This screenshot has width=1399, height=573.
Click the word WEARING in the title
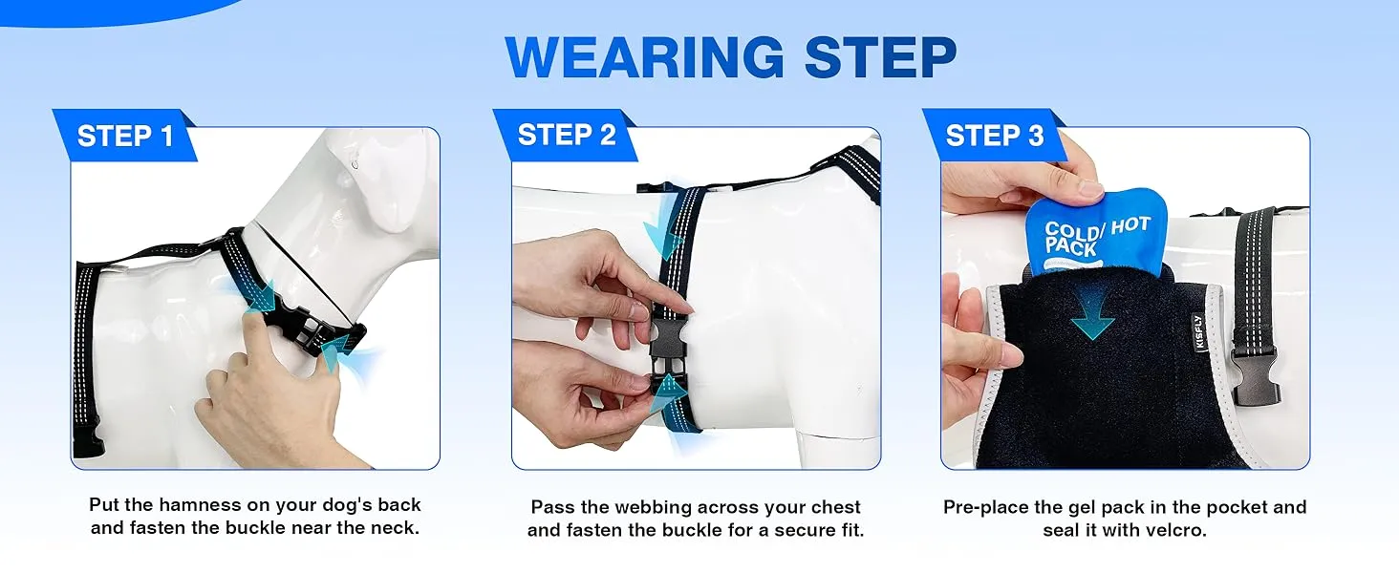coord(644,56)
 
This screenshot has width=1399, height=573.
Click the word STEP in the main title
coord(881,56)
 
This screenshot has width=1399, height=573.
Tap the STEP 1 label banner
coord(125,136)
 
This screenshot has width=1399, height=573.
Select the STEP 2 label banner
coord(566,135)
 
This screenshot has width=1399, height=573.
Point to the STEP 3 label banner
coord(994,135)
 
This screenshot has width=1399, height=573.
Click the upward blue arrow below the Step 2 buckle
coord(666,393)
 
